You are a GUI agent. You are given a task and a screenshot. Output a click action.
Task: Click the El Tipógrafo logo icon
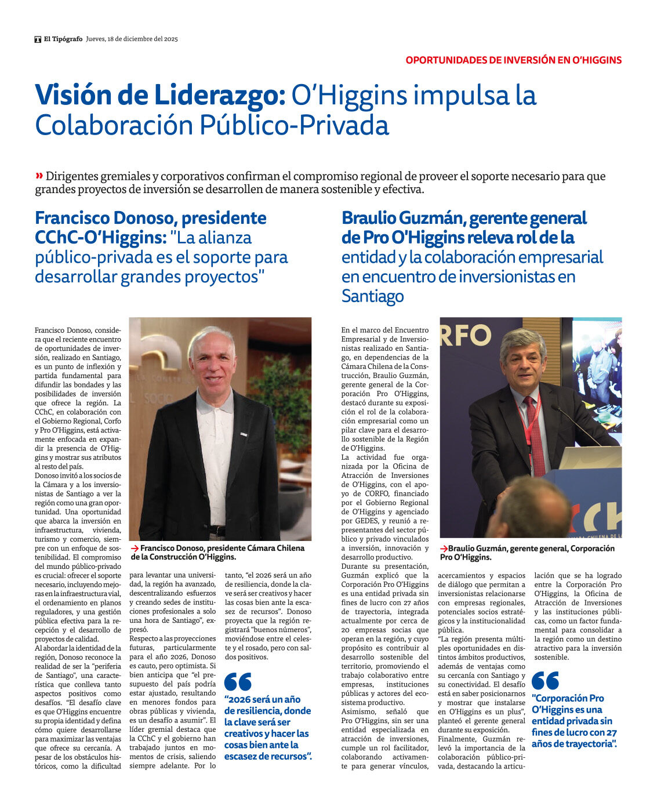pyautogui.click(x=38, y=39)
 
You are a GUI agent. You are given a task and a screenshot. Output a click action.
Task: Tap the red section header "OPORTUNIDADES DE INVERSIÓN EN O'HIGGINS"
pyautogui.click(x=513, y=60)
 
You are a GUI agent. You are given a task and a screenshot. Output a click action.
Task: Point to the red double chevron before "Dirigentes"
pyautogui.click(x=39, y=176)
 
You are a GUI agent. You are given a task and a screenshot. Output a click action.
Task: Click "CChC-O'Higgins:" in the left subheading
pyautogui.click(x=100, y=238)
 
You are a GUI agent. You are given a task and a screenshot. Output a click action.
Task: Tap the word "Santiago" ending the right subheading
pyautogui.click(x=372, y=296)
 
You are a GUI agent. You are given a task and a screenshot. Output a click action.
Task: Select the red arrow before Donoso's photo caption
pyautogui.click(x=135, y=548)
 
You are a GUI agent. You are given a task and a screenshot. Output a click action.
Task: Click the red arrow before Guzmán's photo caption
pyautogui.click(x=444, y=549)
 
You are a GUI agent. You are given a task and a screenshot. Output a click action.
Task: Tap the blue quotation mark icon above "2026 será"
pyautogui.click(x=238, y=682)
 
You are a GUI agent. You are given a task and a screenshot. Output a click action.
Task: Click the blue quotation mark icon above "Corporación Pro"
pyautogui.click(x=545, y=680)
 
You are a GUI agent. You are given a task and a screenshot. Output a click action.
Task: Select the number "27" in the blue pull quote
pyautogui.click(x=611, y=732)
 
